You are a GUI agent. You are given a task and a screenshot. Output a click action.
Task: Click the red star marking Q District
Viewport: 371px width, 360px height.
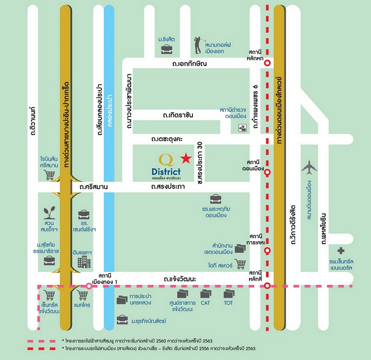coord(186,158)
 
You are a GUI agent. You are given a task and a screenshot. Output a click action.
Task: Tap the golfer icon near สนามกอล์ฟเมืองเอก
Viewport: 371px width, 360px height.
coord(198,45)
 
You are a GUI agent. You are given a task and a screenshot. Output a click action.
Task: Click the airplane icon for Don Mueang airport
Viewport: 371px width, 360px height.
coord(309,167)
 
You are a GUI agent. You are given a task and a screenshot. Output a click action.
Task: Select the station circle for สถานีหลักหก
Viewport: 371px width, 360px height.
coord(268,63)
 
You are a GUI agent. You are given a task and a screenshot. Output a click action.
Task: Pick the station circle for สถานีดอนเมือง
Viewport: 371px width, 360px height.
coord(268,172)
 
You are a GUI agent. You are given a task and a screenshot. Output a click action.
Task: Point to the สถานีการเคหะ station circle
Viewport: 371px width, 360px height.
coord(268,251)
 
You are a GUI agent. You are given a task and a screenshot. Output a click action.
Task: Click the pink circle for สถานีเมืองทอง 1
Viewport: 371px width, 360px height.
coord(89,286)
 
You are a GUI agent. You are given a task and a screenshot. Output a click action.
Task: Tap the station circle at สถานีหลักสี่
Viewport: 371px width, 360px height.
coord(268,286)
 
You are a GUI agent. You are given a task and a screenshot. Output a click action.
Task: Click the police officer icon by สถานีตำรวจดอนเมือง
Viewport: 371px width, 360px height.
coord(242,128)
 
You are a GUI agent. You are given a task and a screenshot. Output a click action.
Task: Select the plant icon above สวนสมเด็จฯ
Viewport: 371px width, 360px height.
coord(50,212)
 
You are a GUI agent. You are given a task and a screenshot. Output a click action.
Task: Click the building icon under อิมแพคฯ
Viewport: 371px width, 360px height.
coord(84,262)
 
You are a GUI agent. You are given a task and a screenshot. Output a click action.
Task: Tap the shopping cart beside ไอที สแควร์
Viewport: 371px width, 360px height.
coord(240,264)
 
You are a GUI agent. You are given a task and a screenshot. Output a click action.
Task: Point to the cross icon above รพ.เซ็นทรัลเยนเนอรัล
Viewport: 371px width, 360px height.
coord(341,251)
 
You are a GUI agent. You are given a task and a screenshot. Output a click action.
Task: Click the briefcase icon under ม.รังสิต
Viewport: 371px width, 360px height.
coord(166,49)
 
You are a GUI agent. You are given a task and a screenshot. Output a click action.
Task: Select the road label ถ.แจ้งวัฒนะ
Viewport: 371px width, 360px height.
coord(180,279)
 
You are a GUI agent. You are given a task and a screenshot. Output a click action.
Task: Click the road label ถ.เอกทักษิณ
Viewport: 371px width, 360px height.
coord(189,64)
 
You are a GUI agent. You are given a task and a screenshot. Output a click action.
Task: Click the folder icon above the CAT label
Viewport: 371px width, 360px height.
coord(205,294)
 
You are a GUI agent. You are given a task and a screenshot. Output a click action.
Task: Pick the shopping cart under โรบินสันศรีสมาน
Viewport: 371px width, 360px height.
coord(49,175)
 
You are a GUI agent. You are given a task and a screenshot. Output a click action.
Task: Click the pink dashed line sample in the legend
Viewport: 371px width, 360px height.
coord(41,341)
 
